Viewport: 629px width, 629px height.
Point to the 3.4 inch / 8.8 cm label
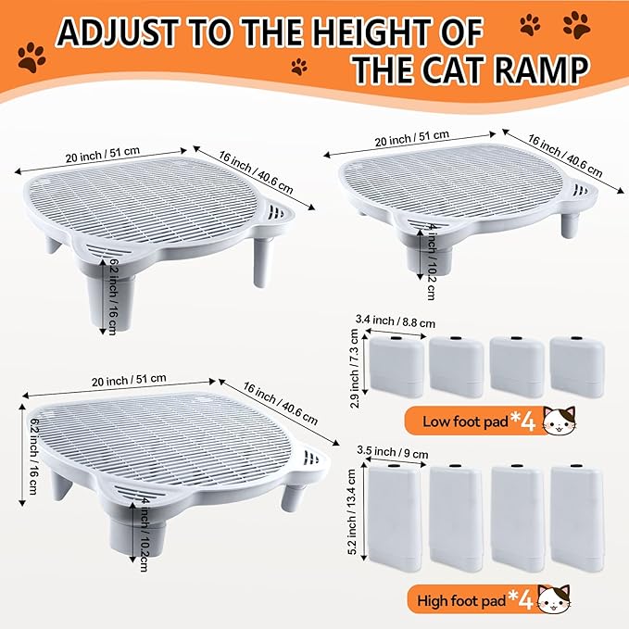point(391,322)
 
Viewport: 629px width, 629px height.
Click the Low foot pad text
point(466,421)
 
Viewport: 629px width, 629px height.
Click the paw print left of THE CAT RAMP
point(300,67)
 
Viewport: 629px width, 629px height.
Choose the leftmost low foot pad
point(396,365)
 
